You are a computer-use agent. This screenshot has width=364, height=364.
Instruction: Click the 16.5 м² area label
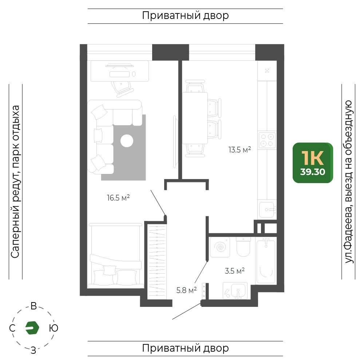tap(118, 198)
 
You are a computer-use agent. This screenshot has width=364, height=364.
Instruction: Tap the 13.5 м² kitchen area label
tap(240, 150)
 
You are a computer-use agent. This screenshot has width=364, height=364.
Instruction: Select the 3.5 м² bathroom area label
tap(235, 271)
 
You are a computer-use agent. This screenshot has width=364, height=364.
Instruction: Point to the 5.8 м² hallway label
tap(186, 290)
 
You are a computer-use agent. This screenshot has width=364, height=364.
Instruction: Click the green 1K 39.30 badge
tap(313, 163)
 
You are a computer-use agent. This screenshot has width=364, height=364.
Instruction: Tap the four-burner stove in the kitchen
tap(267, 140)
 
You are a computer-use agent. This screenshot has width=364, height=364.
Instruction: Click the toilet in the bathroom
tap(243, 246)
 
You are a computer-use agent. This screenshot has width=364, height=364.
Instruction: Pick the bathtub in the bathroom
tap(266, 261)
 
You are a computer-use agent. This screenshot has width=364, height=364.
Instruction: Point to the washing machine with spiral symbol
tap(220, 247)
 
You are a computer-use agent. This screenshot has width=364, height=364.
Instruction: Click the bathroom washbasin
tap(235, 290)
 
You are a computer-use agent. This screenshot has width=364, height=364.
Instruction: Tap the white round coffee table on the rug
tap(127, 141)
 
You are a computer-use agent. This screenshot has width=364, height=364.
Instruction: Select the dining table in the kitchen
tap(195, 118)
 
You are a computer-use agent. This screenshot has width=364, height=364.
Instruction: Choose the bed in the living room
tap(115, 255)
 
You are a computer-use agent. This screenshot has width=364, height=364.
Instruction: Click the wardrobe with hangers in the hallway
tap(157, 261)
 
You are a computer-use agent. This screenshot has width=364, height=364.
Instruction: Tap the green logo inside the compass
tap(32, 328)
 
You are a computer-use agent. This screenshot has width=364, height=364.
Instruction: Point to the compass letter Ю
tap(54, 328)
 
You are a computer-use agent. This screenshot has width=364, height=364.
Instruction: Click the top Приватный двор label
tap(185, 16)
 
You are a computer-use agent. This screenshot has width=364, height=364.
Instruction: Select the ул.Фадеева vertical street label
tap(349, 182)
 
